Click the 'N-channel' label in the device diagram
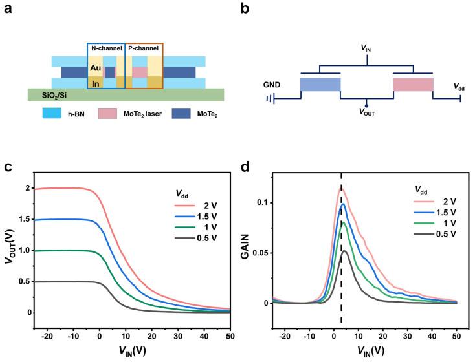tap(105, 48)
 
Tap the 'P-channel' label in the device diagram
tap(143, 48)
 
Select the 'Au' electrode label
tap(95, 67)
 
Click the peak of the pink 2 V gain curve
tap(340, 187)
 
